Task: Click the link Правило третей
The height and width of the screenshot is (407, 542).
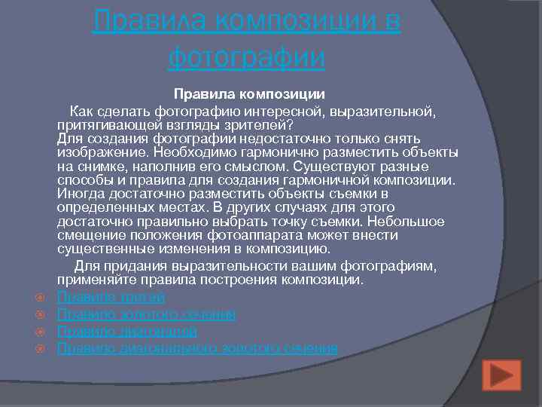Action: click(x=111, y=298)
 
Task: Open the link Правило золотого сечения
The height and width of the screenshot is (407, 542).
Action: click(x=146, y=314)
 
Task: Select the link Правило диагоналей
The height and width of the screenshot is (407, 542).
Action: click(x=127, y=332)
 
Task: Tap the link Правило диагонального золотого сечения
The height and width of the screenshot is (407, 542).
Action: click(x=197, y=348)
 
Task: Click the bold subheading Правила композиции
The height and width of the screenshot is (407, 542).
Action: click(x=249, y=94)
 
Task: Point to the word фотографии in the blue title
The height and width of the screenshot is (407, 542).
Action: click(x=247, y=57)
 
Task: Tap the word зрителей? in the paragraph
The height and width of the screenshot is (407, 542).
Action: click(x=254, y=125)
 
